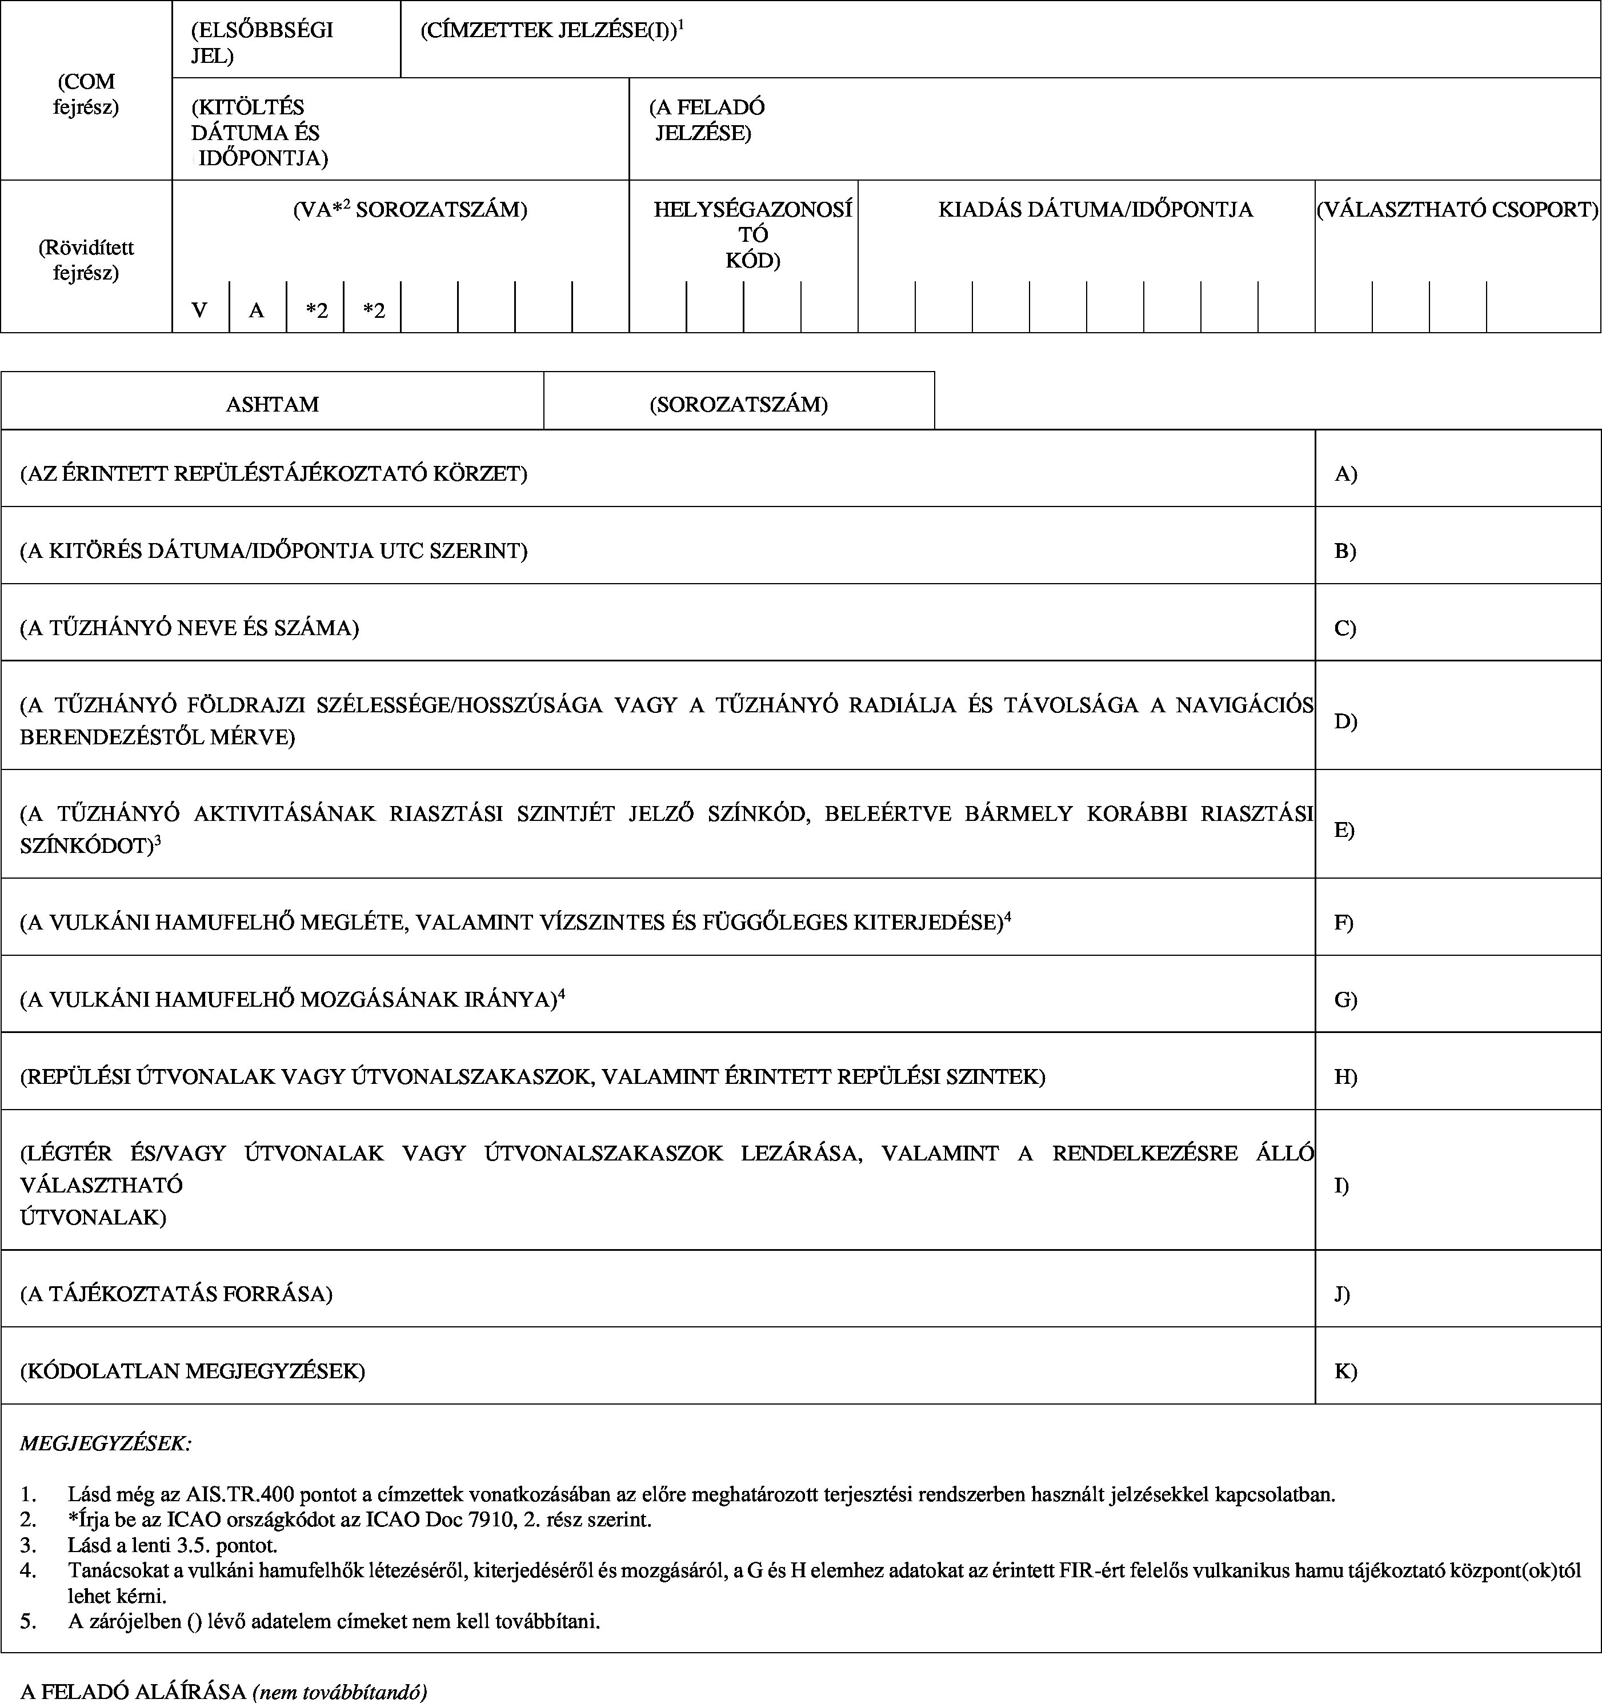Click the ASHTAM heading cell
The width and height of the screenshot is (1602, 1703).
coord(273,404)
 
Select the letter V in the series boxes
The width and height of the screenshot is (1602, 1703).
coord(199,310)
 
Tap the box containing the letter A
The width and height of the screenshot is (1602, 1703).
coord(257,310)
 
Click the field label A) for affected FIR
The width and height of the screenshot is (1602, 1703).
coord(1346,474)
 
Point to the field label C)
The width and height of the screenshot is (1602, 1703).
coord(1345,628)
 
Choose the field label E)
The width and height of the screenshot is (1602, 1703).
coord(1344,829)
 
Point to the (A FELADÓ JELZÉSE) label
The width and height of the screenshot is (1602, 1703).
coord(706,120)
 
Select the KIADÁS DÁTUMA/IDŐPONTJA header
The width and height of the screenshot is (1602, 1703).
coord(1095,210)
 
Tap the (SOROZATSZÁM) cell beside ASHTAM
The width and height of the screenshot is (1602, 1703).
coord(738,404)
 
